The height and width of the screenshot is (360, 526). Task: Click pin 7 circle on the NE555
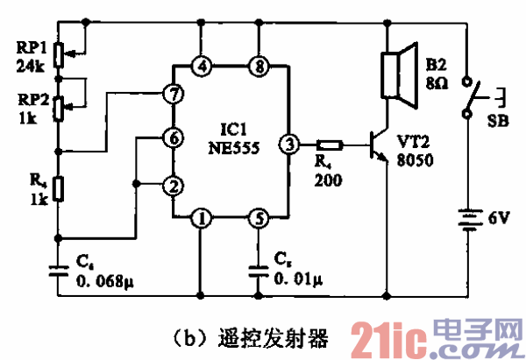173,94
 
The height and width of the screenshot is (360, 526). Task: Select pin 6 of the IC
173,138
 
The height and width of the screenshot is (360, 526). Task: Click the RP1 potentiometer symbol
59,53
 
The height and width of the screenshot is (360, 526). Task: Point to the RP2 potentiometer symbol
59,107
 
